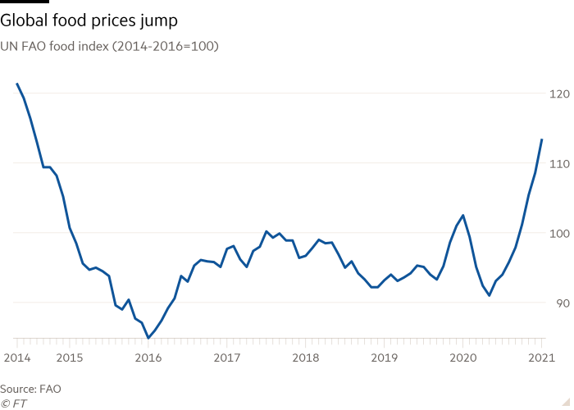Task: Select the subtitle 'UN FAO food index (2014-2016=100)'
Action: coord(109,47)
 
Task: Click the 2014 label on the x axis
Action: coord(16,358)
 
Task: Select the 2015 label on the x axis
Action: coord(69,358)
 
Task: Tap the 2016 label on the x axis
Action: coord(148,358)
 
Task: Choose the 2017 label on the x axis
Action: coord(227,358)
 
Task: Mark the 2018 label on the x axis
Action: coord(306,358)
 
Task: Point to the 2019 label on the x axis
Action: coord(385,358)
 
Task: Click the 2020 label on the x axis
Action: coord(463,358)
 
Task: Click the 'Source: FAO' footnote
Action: coord(30,389)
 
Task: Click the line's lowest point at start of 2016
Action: coord(148,338)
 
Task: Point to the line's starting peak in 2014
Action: coord(17,84)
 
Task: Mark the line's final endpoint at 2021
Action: coord(542,139)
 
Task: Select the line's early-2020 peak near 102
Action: coord(463,216)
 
